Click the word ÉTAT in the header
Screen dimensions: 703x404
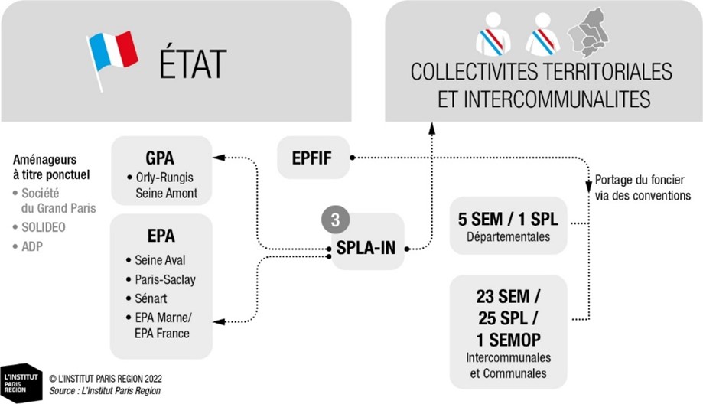[193, 64]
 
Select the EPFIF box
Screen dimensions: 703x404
[313, 158]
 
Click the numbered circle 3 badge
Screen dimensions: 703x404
[335, 220]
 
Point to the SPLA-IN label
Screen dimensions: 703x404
[366, 247]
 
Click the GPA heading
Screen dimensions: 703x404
[160, 158]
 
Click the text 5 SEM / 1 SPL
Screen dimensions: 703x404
[508, 220]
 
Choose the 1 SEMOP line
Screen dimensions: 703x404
[509, 340]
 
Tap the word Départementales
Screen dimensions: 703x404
[509, 236]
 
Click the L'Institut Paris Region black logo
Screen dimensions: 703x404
[21, 383]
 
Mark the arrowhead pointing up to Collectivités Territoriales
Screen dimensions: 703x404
[431, 129]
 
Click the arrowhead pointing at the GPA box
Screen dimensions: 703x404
[219, 158]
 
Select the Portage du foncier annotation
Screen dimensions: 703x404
[643, 188]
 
